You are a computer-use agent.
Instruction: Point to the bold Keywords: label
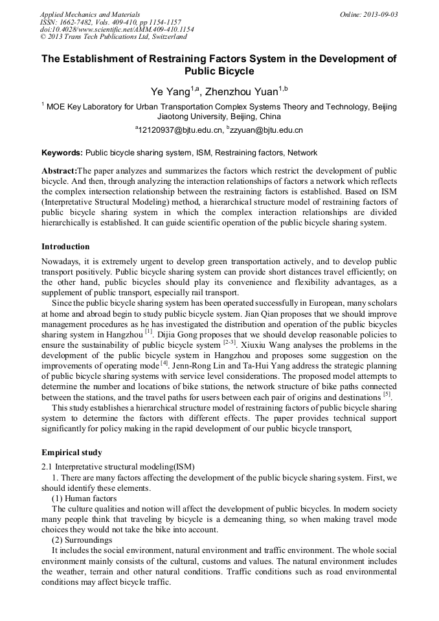coord(62,153)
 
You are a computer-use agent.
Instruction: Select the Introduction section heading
coord(65,247)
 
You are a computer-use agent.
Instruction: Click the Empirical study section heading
coord(71,453)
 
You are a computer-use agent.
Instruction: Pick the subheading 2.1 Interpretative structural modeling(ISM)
coord(118,467)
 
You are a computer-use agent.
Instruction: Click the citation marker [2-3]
coord(229,342)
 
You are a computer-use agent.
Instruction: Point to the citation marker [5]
coord(387,394)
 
